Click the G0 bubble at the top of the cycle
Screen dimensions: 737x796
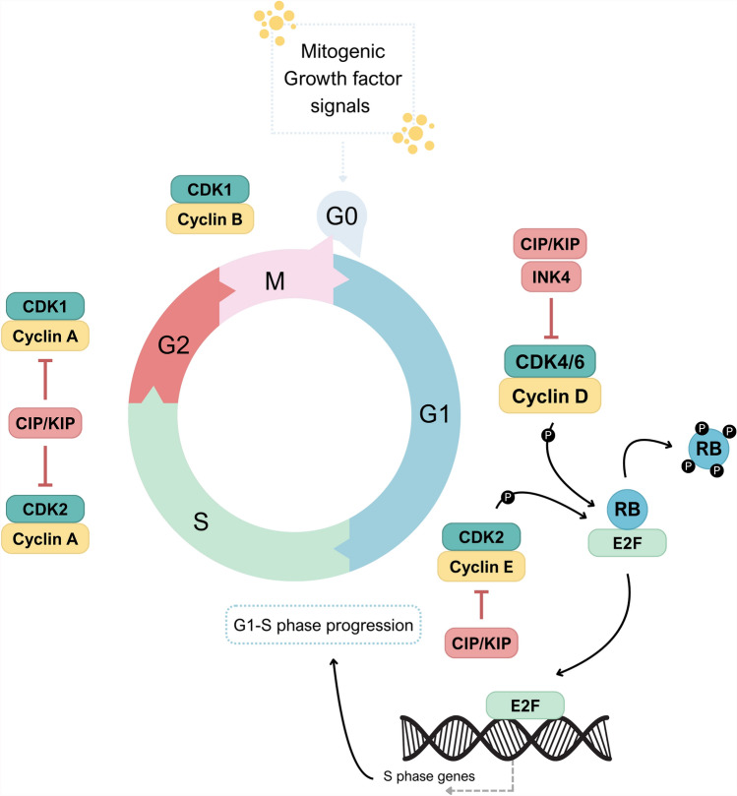tap(341, 217)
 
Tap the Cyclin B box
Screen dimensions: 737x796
tap(210, 219)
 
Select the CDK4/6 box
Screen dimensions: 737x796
tap(550, 361)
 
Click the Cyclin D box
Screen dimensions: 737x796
tap(550, 396)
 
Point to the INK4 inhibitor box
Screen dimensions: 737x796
tap(551, 276)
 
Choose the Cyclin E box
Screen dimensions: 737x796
tap(481, 566)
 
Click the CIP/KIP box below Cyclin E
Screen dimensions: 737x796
tap(481, 643)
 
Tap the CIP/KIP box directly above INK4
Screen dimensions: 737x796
tap(550, 244)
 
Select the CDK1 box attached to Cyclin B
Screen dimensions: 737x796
tap(210, 189)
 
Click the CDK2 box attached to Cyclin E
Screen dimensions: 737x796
tap(481, 537)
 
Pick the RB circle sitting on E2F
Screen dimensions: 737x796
tap(628, 509)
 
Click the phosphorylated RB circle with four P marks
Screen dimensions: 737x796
tap(708, 449)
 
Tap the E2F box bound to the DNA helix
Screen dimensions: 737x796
tap(524, 705)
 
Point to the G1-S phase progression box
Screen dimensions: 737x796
tap(324, 625)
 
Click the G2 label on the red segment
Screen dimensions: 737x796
tap(173, 345)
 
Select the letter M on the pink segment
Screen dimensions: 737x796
tap(275, 280)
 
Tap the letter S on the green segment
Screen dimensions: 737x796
tap(201, 521)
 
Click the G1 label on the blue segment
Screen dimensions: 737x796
tap(435, 413)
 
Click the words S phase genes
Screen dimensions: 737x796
tap(429, 776)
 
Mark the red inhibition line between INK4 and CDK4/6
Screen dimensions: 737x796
tap(551, 318)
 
